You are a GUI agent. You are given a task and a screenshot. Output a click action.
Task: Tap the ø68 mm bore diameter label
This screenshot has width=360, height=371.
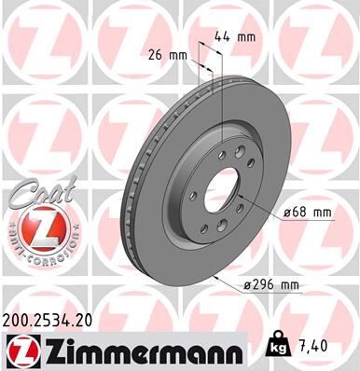point(308,213)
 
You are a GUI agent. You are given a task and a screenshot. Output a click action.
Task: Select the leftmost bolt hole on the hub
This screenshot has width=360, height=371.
point(189,197)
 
